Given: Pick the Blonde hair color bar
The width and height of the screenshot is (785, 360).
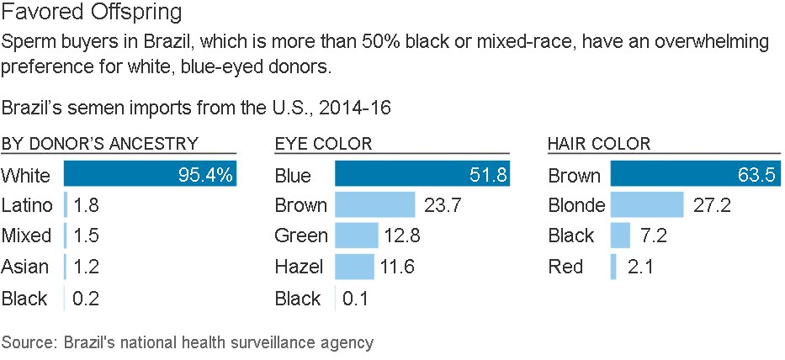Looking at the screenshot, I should pos(646,205).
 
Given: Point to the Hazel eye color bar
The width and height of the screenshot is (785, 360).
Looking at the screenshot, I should pos(355,267).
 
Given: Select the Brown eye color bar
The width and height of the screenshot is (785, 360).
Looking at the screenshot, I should pos(374,205).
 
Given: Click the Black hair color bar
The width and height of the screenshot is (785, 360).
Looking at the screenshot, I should pos(620,236).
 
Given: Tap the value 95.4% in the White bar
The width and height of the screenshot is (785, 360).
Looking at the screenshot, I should pos(206,176).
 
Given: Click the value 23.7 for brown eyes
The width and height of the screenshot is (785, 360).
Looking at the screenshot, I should pos(443,205).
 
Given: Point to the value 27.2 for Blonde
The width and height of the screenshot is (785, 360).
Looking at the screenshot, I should pos(713,205).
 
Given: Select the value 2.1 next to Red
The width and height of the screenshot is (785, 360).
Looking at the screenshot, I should pos(641,267).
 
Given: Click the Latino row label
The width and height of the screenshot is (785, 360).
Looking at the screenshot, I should pos(27,205).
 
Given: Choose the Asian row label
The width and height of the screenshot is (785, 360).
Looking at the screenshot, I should pos(25,267).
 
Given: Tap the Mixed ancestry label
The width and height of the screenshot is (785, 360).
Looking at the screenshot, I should pos(26,236).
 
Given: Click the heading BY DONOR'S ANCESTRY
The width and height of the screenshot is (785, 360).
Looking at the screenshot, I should pos(100,144).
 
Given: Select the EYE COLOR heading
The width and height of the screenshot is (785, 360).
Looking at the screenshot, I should pos(324,144).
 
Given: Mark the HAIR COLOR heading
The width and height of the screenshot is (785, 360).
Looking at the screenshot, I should pos(598,144).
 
